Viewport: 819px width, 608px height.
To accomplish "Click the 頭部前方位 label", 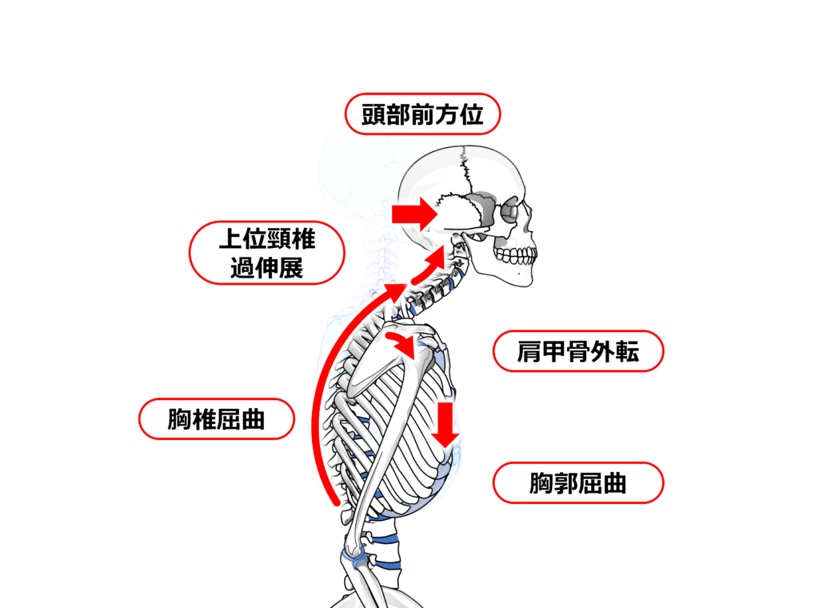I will point(422,114).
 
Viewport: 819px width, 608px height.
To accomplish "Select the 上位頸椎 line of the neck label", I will point(268,238).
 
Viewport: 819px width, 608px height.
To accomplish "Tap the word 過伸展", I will point(266,268).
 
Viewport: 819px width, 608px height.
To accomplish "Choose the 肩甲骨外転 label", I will point(578,351).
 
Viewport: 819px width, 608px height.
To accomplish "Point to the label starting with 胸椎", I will point(217,418).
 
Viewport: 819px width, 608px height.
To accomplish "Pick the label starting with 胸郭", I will point(578,482).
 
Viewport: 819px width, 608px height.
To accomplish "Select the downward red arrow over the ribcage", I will point(446,424).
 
